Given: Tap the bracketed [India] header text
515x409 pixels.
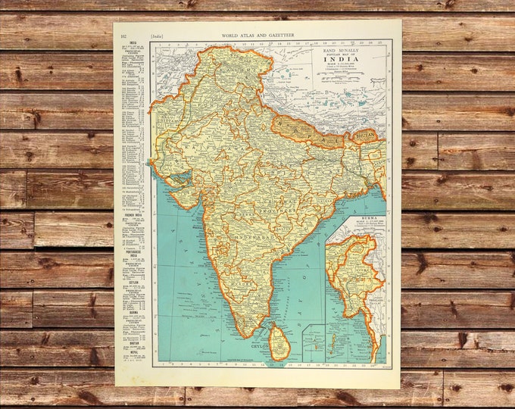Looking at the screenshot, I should [157, 35].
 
